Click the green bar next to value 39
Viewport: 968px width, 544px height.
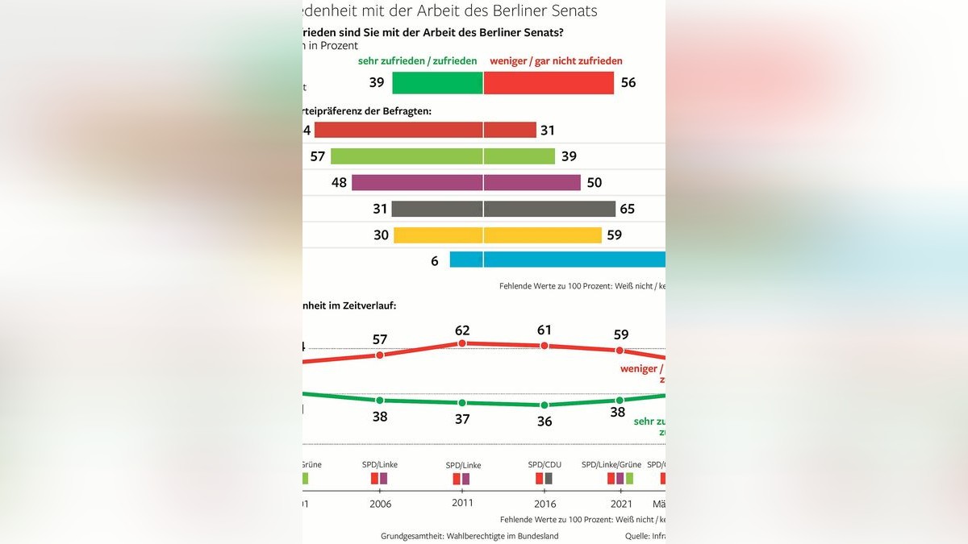[x=437, y=83]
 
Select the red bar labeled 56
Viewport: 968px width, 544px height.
[x=549, y=83]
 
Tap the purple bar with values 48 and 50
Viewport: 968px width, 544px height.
[x=466, y=182]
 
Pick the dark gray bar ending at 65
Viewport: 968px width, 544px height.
[x=503, y=209]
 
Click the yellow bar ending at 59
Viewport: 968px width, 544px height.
[x=498, y=235]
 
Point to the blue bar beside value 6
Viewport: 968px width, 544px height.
[x=557, y=260]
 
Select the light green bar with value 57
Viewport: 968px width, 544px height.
[x=443, y=156]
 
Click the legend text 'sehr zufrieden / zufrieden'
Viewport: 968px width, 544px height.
[x=417, y=60]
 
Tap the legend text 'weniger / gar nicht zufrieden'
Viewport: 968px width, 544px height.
[x=557, y=60]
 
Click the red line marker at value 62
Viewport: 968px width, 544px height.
[x=462, y=343]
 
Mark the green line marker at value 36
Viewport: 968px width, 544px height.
[x=544, y=405]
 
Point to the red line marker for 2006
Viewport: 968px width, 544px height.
[x=380, y=355]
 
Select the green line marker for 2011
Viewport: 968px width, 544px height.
[x=462, y=403]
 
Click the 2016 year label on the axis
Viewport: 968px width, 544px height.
[x=544, y=504]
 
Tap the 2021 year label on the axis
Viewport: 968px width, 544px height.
[x=621, y=504]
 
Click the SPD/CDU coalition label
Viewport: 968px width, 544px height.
[x=544, y=465]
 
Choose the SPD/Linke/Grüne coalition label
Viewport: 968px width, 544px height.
[x=611, y=464]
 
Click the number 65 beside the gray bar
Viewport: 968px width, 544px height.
[x=627, y=210]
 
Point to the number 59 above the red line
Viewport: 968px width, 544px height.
[x=620, y=334]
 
